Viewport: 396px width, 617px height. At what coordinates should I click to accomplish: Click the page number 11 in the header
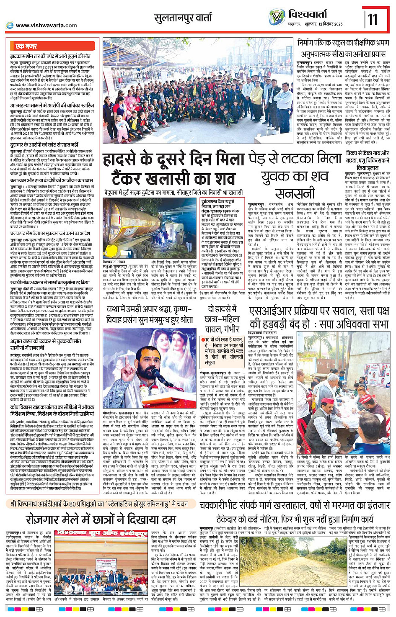[x=372, y=19]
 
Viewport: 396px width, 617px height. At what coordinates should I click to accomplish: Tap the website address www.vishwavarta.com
[x=46, y=26]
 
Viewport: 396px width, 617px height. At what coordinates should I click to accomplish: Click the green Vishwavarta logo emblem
[x=277, y=17]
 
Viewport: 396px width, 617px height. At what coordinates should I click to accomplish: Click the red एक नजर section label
[x=26, y=46]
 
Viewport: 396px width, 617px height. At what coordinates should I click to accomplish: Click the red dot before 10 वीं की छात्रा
[x=202, y=340]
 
